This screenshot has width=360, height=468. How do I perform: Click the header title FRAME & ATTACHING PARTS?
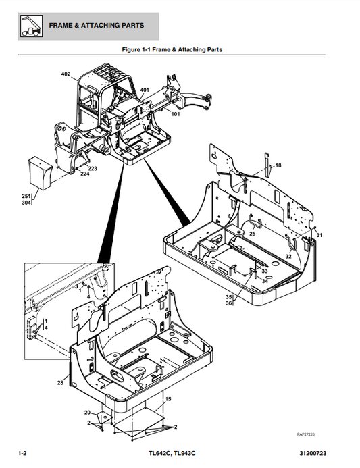(96, 26)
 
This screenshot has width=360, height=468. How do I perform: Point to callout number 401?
(145, 90)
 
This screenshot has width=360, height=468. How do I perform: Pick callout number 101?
(176, 114)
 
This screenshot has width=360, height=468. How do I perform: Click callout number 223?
(93, 168)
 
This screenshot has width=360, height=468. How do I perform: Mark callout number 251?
(26, 196)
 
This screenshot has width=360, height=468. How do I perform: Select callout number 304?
(26, 202)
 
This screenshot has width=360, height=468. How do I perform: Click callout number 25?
(252, 234)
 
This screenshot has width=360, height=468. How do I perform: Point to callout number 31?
(319, 235)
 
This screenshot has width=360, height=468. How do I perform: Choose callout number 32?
(288, 257)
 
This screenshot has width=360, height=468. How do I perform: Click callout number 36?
(229, 303)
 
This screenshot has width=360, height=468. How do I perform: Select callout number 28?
(61, 382)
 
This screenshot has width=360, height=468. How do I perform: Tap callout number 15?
(168, 400)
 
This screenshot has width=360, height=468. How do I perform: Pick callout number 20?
(86, 412)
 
